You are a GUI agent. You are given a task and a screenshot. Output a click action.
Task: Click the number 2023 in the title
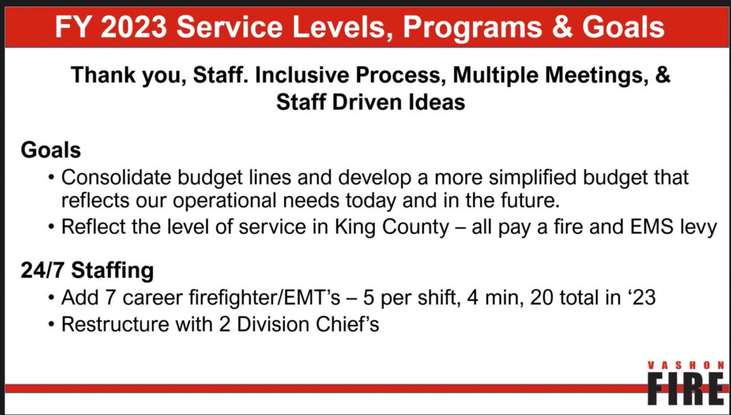tap(133, 27)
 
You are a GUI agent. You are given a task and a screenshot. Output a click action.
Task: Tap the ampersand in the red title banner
tap(562, 27)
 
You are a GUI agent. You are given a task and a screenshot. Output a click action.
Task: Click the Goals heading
tap(51, 150)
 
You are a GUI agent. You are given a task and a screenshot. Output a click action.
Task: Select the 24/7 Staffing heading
tap(87, 271)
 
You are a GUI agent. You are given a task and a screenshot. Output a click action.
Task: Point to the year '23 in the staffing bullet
tap(641, 297)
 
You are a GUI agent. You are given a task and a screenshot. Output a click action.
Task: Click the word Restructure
tap(115, 324)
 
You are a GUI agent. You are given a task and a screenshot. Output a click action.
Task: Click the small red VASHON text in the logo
tap(686, 366)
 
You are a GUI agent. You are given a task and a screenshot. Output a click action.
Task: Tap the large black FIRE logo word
tap(686, 389)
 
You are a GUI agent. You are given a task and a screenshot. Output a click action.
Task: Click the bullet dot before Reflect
tap(51, 229)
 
